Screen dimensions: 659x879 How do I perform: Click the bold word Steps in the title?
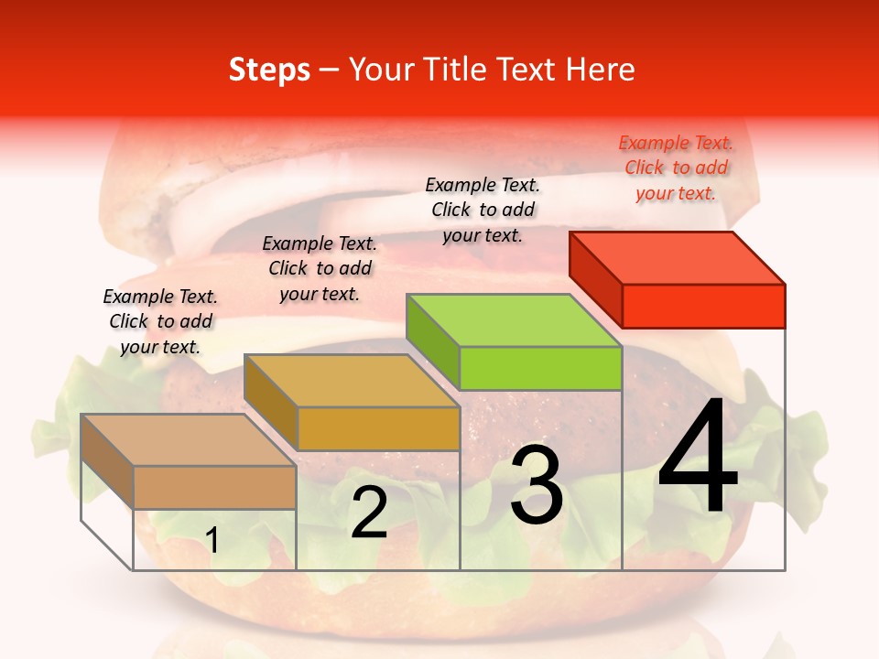(269, 70)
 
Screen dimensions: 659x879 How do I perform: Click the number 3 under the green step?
(537, 487)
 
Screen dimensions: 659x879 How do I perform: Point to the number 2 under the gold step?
(369, 513)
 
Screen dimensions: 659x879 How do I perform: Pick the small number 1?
(212, 540)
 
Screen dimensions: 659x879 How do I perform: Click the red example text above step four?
(676, 167)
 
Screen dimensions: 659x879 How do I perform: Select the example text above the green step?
(483, 210)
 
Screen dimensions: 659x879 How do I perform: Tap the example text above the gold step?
(320, 268)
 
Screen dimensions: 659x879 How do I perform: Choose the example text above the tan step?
(160, 321)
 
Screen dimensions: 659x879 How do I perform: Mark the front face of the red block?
(703, 306)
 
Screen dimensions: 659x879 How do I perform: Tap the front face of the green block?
(540, 368)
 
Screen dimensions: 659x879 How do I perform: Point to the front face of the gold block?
(378, 428)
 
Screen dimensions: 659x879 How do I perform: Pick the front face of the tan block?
(214, 487)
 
